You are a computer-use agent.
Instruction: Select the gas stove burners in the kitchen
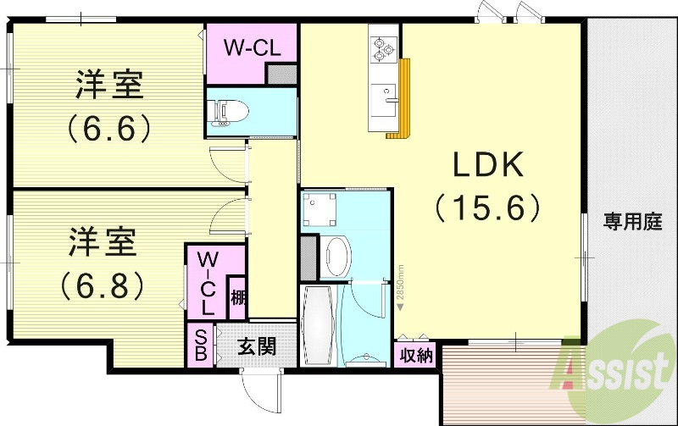[383, 46]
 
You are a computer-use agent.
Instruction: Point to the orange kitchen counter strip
[400, 97]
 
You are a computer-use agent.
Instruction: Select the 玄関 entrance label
[255, 346]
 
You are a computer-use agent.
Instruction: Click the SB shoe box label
[201, 346]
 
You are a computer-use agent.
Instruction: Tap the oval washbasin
[336, 255]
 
